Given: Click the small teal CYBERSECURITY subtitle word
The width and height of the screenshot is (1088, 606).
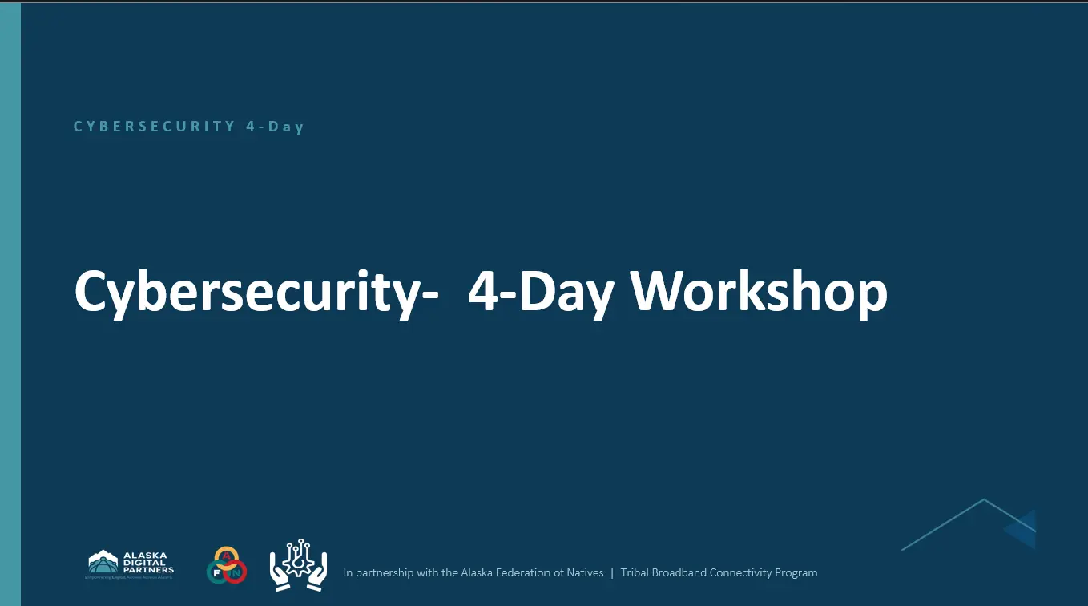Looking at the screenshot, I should (154, 127).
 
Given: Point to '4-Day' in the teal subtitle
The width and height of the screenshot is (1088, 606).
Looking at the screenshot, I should (275, 127).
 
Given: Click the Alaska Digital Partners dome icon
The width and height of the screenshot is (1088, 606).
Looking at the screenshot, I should (103, 561).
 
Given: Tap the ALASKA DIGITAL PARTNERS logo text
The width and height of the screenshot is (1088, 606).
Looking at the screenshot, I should (147, 562).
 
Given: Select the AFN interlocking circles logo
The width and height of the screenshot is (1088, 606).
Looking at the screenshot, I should (227, 565).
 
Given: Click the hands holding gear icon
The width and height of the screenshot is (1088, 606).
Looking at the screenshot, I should (298, 565).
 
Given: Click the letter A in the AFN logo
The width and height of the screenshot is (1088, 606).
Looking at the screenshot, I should (227, 555).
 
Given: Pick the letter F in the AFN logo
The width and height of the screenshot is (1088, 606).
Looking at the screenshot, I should (216, 572).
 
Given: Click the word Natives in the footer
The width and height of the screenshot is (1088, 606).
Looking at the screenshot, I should (586, 573).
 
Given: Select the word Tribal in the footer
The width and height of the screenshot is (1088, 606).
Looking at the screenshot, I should (634, 573).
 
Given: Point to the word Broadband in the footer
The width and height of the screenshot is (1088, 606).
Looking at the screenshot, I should (676, 573).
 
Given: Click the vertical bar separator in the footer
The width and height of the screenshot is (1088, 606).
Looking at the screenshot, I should (612, 573).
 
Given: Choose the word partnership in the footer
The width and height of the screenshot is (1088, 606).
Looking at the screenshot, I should (385, 573).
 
